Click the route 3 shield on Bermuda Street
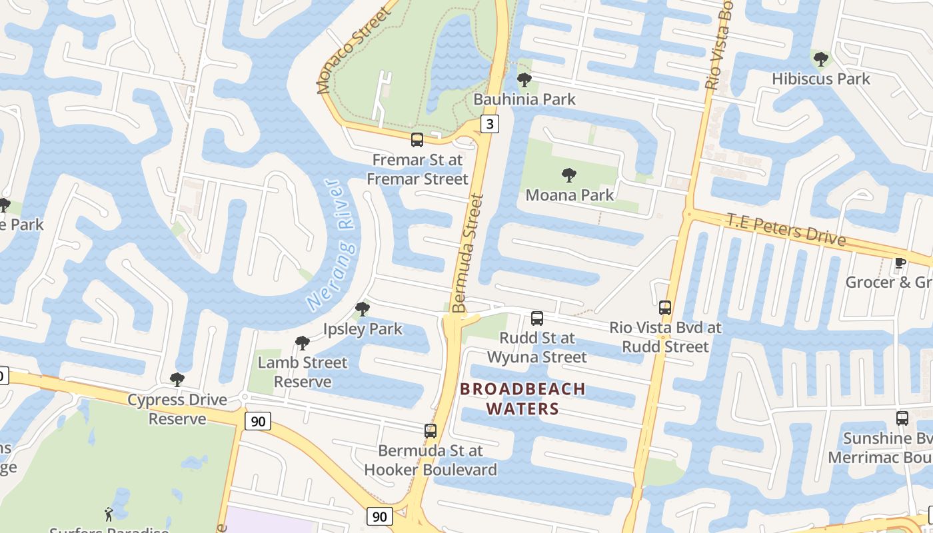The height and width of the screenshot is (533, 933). (490, 124)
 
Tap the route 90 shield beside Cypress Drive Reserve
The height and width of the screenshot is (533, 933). (258, 421)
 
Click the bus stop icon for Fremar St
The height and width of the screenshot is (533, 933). (417, 140)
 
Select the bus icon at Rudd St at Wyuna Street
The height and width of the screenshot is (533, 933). (537, 318)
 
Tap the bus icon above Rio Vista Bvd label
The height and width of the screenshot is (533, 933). (664, 308)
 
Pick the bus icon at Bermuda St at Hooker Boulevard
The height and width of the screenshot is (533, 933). (431, 431)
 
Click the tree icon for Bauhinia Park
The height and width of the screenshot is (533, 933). (524, 80)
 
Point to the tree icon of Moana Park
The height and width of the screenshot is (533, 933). (569, 175)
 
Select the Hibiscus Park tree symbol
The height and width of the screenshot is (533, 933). (821, 59)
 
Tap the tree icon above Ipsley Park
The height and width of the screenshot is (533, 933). (363, 309)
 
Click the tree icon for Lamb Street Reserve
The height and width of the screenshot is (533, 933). (303, 343)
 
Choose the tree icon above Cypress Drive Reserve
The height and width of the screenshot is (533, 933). (177, 380)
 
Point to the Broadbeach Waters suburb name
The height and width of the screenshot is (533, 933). (522, 398)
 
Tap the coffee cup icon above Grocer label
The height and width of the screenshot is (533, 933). (900, 263)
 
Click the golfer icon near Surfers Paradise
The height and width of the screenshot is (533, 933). (109, 514)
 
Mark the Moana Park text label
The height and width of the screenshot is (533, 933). (570, 195)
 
